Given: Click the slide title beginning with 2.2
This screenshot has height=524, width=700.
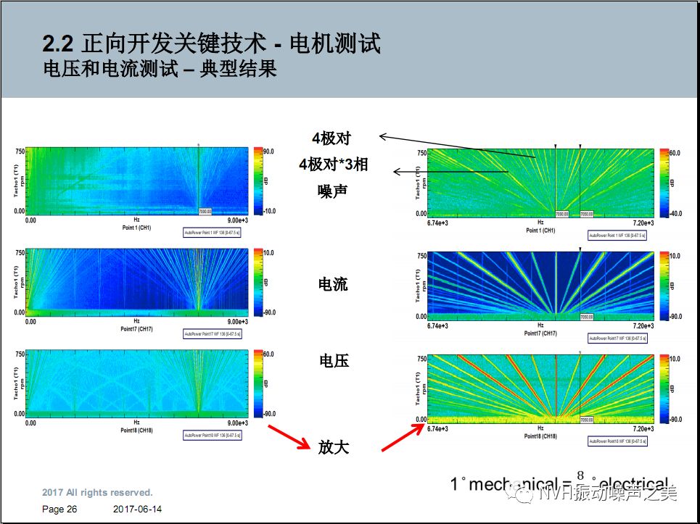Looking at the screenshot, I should pyautogui.click(x=211, y=44).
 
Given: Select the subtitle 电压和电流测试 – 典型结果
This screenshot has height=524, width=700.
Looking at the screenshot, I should pyautogui.click(x=160, y=70).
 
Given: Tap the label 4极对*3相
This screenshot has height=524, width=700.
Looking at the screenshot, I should pyautogui.click(x=333, y=165).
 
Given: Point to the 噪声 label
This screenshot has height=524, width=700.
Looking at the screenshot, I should pyautogui.click(x=333, y=191).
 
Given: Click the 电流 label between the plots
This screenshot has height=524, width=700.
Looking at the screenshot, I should pyautogui.click(x=333, y=284).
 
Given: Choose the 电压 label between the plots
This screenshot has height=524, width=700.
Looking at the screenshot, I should pyautogui.click(x=334, y=360).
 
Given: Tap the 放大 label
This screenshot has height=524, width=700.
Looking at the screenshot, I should pyautogui.click(x=334, y=447).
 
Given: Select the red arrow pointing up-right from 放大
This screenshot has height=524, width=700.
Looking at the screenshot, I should pyautogui.click(x=403, y=438).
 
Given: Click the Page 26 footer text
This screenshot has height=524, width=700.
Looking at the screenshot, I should pyautogui.click(x=59, y=510).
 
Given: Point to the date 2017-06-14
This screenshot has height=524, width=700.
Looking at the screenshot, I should pyautogui.click(x=138, y=510).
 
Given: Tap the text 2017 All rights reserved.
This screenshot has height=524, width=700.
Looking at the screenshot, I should pyautogui.click(x=97, y=493).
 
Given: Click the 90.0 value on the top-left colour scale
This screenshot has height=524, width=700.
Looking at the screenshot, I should pyautogui.click(x=268, y=151).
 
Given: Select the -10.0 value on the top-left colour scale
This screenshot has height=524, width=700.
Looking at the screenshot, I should pyautogui.click(x=268, y=211).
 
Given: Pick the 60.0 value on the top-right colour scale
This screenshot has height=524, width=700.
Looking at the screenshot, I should pyautogui.click(x=674, y=153).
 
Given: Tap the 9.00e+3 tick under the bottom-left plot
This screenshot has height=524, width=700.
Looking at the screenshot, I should pyautogui.click(x=237, y=423).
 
